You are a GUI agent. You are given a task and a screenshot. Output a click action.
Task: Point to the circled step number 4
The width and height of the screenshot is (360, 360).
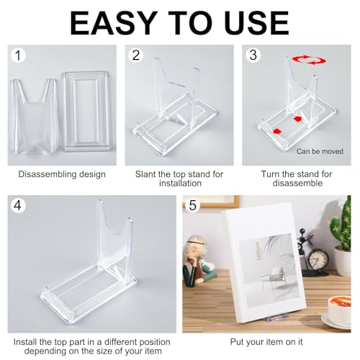pos(19,206)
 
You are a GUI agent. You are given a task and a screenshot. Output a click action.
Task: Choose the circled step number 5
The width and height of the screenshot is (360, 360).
pos(192,206)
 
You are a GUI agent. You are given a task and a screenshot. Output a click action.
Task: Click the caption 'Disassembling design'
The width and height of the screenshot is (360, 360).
pos(62,174)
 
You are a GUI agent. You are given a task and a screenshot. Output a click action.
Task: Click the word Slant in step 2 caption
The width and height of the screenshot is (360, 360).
pos(146,174)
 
